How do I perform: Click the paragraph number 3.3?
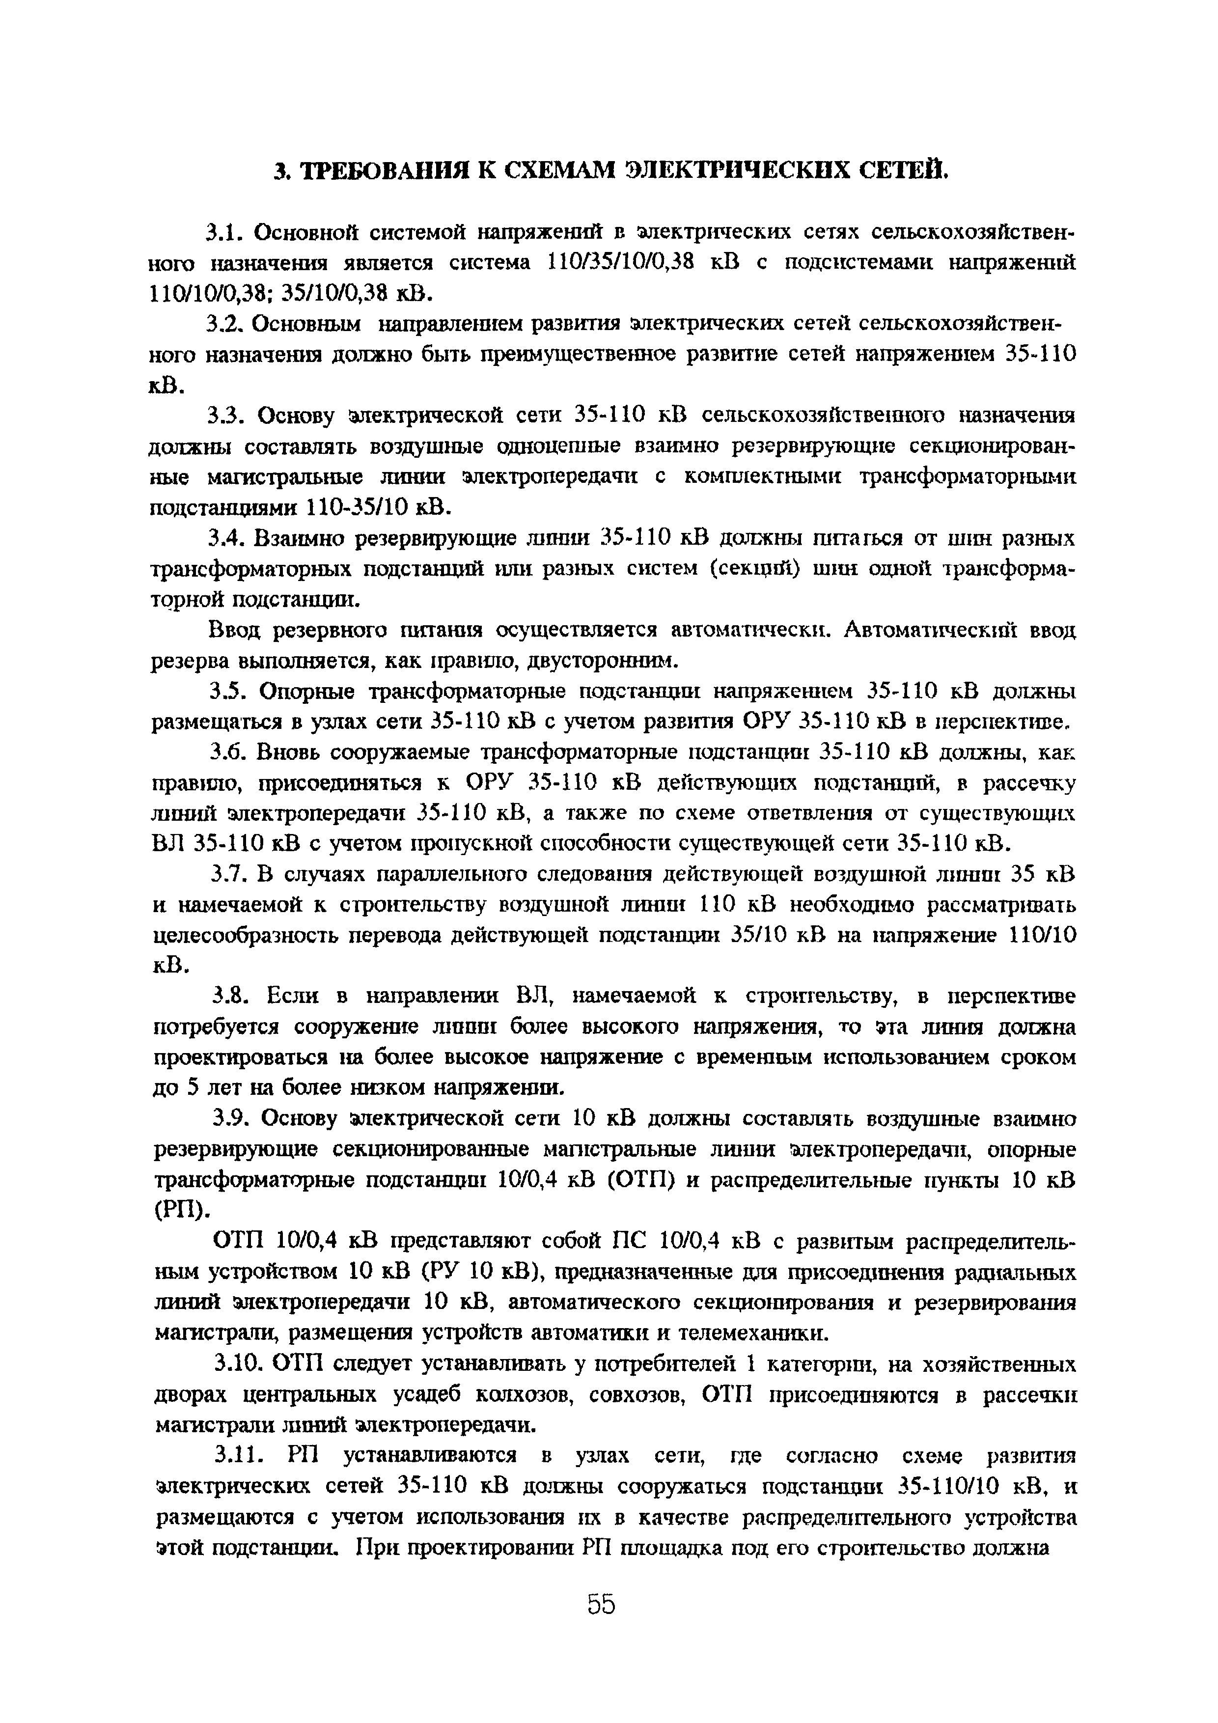pyautogui.click(x=226, y=415)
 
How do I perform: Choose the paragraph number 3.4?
pyautogui.click(x=226, y=538)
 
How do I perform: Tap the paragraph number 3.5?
pyautogui.click(x=226, y=691)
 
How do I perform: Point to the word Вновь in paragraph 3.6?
pyautogui.click(x=287, y=752)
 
